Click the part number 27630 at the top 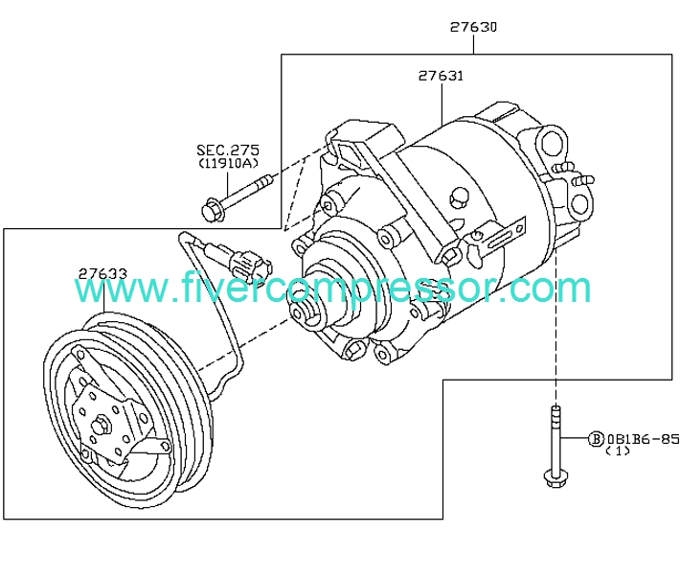click(473, 27)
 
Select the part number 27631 click(441, 76)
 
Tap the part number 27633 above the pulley click(102, 274)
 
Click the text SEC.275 click(228, 151)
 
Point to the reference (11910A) click(228, 163)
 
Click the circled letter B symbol click(596, 439)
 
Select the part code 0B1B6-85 click(643, 439)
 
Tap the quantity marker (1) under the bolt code click(618, 451)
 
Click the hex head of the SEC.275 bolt click(213, 211)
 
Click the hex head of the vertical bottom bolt click(555, 478)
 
